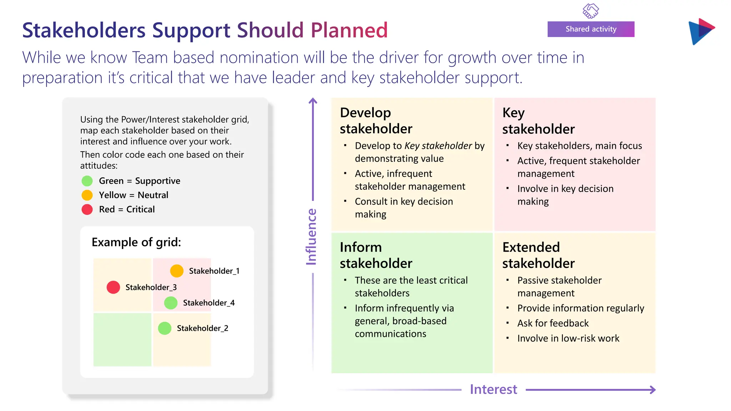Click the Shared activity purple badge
coord(591,29)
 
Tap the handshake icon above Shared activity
coord(591,10)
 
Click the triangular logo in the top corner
coord(701,31)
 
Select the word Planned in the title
coord(349,30)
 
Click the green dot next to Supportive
coord(87,181)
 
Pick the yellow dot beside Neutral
coord(87,195)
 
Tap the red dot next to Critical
coord(87,209)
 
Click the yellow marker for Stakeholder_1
coord(177,271)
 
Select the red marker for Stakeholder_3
coord(113,287)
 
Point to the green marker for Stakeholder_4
coord(171,303)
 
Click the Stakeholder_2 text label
coord(202,328)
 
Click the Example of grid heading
coord(136,242)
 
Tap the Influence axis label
coord(311,237)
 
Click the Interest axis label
coord(493,389)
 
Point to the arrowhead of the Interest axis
coord(653,390)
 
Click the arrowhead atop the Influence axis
coord(313,101)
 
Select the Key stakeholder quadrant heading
coord(538,121)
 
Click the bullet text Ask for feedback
coord(553,323)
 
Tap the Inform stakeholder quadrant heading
coord(376,255)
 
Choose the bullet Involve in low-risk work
coord(568,338)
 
